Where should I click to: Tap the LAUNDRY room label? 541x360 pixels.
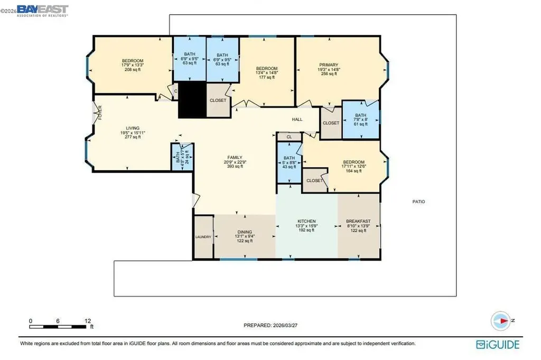[203, 237]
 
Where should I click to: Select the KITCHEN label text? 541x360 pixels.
[306, 221]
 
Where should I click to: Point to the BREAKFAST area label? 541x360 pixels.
[358, 221]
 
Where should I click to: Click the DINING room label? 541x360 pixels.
[244, 232]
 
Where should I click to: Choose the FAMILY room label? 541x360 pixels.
[235, 157]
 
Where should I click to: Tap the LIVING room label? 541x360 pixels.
[129, 128]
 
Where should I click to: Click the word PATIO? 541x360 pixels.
[419, 201]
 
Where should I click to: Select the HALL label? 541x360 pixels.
[297, 119]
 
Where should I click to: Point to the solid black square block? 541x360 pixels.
[191, 100]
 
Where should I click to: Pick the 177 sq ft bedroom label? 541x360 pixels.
[267, 69]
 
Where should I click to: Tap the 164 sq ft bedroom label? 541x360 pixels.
[353, 162]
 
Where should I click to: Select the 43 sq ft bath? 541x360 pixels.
[289, 158]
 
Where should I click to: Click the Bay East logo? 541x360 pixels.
[43, 10]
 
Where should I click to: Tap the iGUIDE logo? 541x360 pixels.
[497, 344]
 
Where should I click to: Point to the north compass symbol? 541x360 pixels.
[500, 320]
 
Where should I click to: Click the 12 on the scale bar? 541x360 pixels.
[88, 321]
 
